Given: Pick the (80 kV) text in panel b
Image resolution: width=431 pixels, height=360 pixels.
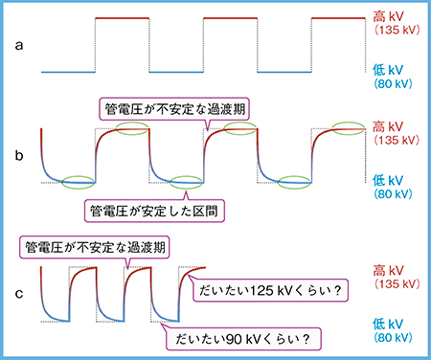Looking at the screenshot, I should tap(393, 193).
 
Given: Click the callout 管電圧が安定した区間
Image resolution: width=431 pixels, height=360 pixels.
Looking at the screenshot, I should tap(149, 208).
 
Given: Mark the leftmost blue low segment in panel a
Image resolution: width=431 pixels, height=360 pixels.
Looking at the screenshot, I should tap(67, 71).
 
